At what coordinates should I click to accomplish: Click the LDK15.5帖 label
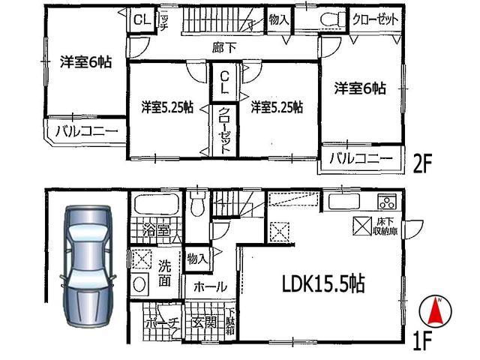(x=323, y=284)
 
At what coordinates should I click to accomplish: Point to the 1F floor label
(x=422, y=341)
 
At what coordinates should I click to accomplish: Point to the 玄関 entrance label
(x=202, y=323)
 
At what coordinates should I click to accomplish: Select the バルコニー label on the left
(x=85, y=133)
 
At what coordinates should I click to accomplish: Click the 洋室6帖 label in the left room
(x=86, y=63)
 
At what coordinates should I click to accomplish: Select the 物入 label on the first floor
(x=198, y=259)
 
